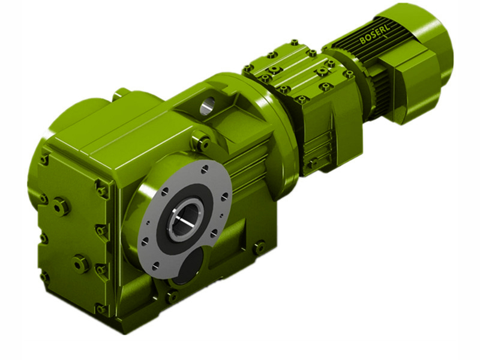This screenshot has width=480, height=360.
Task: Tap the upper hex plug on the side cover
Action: [61, 206]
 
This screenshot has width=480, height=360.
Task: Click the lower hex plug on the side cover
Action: [81, 262]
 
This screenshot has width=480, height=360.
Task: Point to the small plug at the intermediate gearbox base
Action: [312, 163]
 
